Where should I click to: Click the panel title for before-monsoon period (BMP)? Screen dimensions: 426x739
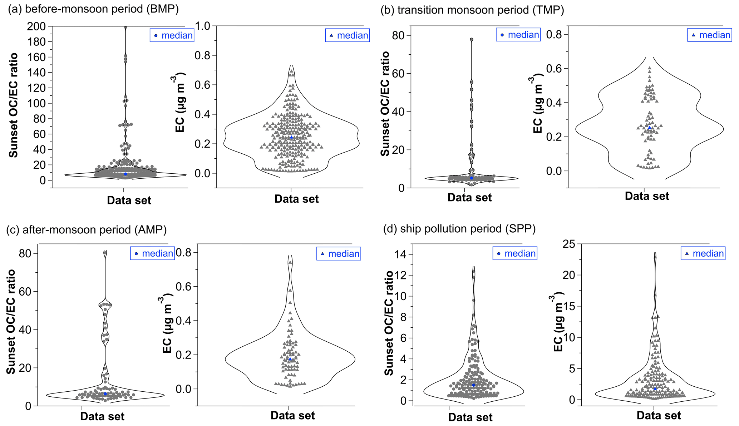(x=93, y=9)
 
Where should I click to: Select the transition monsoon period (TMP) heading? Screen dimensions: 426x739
(x=472, y=10)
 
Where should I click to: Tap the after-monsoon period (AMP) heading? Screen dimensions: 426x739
(x=87, y=229)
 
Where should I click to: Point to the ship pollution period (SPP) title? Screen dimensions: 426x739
(x=459, y=229)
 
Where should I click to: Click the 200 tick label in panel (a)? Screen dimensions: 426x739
(x=36, y=26)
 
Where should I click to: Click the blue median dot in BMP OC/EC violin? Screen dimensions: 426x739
(x=125, y=174)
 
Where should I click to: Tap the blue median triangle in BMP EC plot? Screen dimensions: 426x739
(x=291, y=137)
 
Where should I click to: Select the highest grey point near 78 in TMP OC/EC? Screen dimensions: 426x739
(x=472, y=40)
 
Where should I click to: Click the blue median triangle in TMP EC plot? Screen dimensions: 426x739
(x=650, y=128)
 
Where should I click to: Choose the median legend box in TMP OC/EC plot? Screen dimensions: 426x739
(x=518, y=35)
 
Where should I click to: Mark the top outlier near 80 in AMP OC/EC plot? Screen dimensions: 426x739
(x=105, y=253)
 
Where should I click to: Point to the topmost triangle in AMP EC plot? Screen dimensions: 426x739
(x=290, y=262)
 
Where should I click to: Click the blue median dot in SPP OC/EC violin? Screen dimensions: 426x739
(x=474, y=385)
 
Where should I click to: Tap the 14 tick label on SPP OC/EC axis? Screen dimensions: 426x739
(x=402, y=254)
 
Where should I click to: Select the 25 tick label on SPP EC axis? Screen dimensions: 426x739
(x=569, y=244)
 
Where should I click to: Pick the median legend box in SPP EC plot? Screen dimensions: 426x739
(x=703, y=253)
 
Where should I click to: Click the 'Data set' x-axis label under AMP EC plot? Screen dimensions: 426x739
(x=292, y=416)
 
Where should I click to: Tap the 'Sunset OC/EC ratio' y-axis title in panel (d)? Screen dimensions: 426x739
(x=389, y=323)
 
